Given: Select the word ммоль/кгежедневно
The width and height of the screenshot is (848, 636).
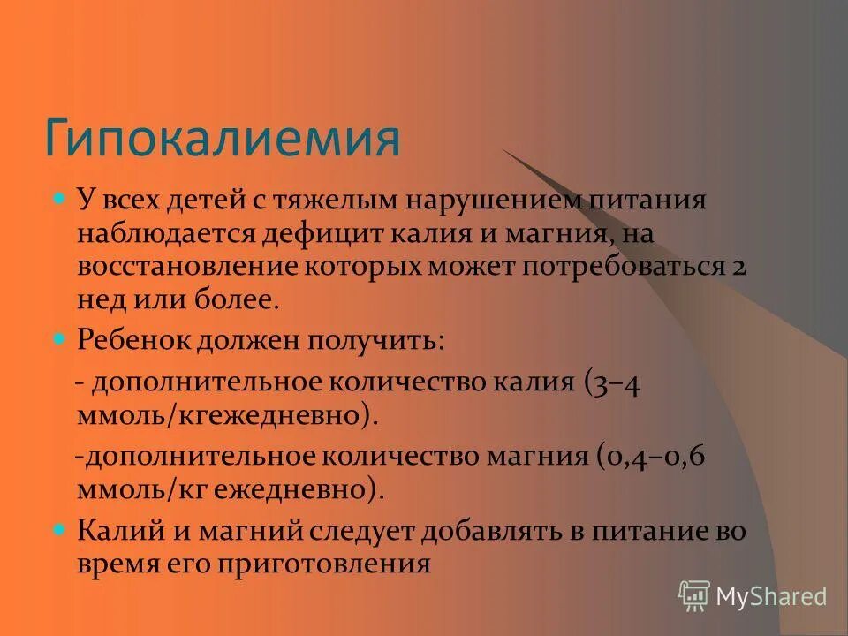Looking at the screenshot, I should click(x=219, y=415).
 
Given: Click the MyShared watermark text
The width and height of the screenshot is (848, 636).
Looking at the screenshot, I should click(x=771, y=596).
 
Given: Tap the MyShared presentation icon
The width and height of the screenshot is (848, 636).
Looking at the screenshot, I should click(x=694, y=596).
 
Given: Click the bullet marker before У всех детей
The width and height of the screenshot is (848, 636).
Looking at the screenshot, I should click(x=60, y=200).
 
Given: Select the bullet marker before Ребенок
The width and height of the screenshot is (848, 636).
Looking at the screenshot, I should click(x=60, y=337).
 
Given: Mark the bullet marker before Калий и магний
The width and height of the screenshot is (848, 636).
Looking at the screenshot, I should click(x=60, y=531).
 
